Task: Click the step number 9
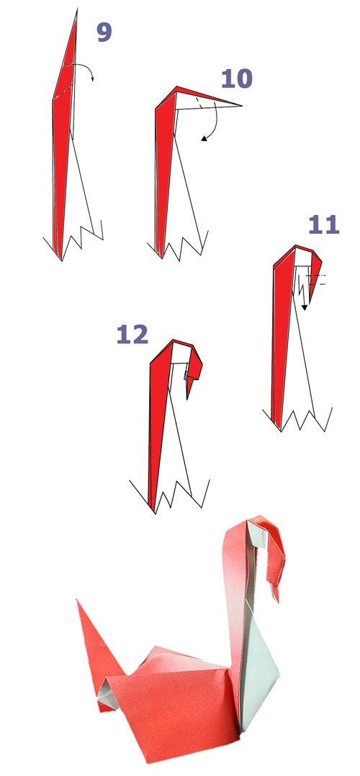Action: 104,32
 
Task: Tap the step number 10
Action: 236,78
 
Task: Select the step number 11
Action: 324,225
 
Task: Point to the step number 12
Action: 132,335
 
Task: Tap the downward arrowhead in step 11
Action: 305,307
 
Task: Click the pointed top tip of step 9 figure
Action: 77,9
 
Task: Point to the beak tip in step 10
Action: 241,105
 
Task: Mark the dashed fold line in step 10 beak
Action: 198,104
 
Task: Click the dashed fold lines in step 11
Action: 316,279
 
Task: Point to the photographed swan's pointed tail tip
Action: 77,601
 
